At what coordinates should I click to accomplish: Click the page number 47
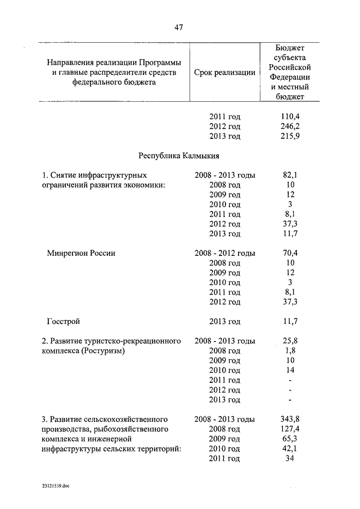178,26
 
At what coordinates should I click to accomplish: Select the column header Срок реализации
224,73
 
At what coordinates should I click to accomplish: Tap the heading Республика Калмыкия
179,155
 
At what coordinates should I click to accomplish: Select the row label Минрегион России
82,253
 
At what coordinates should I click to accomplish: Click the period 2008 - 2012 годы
224,253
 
